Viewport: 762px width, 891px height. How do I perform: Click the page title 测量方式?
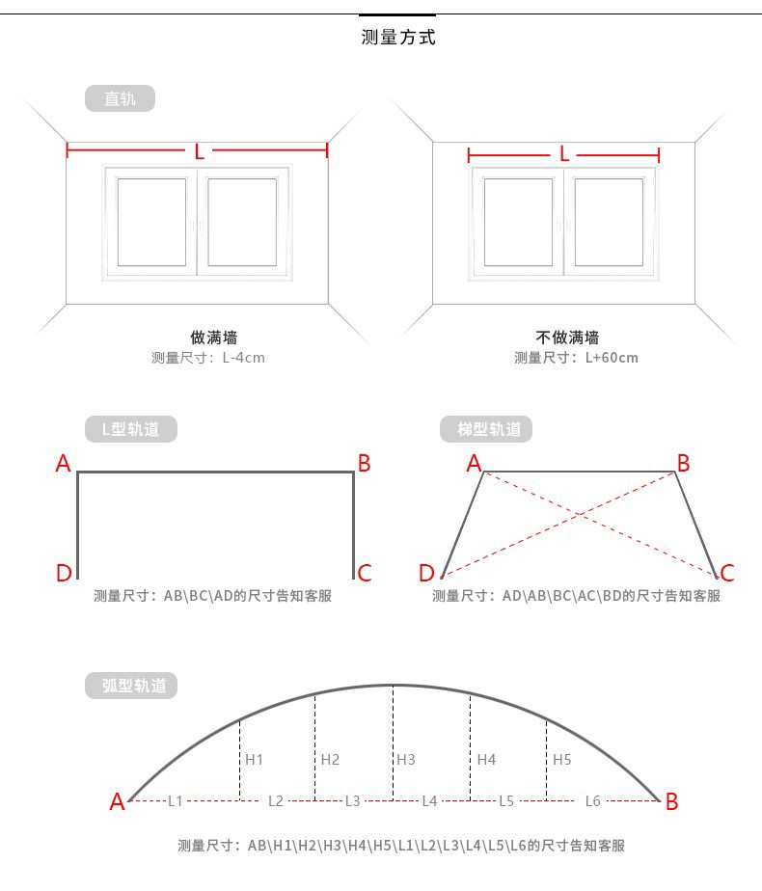point(398,38)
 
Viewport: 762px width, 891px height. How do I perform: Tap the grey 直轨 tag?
point(120,98)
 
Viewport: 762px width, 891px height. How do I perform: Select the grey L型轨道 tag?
point(131,429)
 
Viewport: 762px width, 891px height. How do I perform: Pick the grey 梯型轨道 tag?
point(486,429)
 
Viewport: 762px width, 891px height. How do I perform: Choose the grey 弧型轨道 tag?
point(131,686)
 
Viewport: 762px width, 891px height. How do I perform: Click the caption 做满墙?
point(214,337)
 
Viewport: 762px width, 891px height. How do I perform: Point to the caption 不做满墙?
point(567,337)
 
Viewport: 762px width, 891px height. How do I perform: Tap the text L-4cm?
point(243,358)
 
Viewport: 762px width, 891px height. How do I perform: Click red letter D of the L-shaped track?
point(64,572)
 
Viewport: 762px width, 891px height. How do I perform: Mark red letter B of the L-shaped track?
point(365,464)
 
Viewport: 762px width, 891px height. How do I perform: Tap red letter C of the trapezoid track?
point(727,572)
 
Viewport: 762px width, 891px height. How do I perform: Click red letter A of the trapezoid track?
point(474,464)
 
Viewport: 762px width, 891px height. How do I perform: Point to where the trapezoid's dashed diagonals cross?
point(580,514)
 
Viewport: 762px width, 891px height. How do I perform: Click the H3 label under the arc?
point(406,760)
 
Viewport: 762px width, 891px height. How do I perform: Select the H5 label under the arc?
point(562,760)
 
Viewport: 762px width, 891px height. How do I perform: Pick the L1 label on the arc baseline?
point(175,801)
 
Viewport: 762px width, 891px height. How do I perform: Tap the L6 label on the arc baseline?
point(592,801)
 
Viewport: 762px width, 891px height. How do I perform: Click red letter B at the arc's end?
point(671,801)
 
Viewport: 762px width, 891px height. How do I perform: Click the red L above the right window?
point(563,154)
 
